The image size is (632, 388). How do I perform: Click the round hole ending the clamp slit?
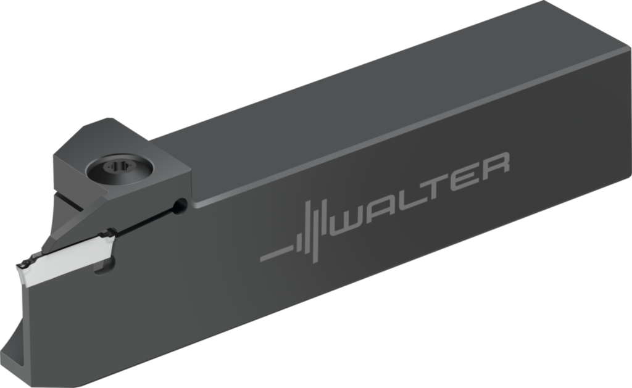180,205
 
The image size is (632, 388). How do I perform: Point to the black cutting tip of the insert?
24,266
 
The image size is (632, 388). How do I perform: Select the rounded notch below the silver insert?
105,266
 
